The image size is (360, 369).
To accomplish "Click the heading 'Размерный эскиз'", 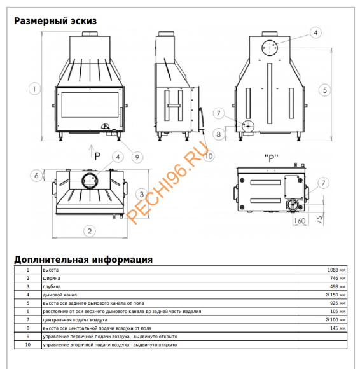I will pos(55,20).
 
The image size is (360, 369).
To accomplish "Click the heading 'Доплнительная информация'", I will pos(83,260).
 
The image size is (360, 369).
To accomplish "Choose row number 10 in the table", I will pos(27,344).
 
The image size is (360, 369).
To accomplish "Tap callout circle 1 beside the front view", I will pos(34,88).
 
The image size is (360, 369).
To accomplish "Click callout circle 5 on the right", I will pos(325,90).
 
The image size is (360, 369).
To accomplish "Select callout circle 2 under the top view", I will pos(90,230).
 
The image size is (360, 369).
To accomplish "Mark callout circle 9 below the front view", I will pos(137,156).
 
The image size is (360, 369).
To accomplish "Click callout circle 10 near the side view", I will pos(209,155).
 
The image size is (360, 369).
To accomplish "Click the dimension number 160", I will pos(300,221).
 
